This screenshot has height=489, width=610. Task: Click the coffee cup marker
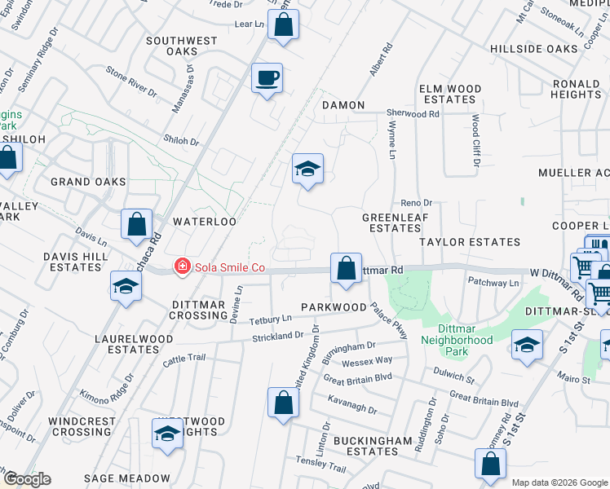point(267,79)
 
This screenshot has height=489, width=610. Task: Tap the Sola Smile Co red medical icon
point(183,267)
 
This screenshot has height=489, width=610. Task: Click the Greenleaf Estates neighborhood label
point(391,223)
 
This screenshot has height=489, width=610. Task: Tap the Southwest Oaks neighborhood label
point(182,46)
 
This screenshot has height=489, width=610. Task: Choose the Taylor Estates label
point(470,242)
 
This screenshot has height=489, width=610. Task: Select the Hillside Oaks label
point(533,49)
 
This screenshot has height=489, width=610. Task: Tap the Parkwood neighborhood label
point(334,307)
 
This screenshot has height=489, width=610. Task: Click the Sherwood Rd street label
point(413,114)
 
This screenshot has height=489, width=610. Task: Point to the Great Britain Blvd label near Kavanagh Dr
point(357,379)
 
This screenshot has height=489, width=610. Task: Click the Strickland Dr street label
point(277,336)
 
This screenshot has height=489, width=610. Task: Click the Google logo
point(26,479)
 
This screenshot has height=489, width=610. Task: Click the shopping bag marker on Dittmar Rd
point(346,267)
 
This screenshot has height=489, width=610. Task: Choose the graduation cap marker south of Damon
point(307,170)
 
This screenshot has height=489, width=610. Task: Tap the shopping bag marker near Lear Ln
point(283,24)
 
